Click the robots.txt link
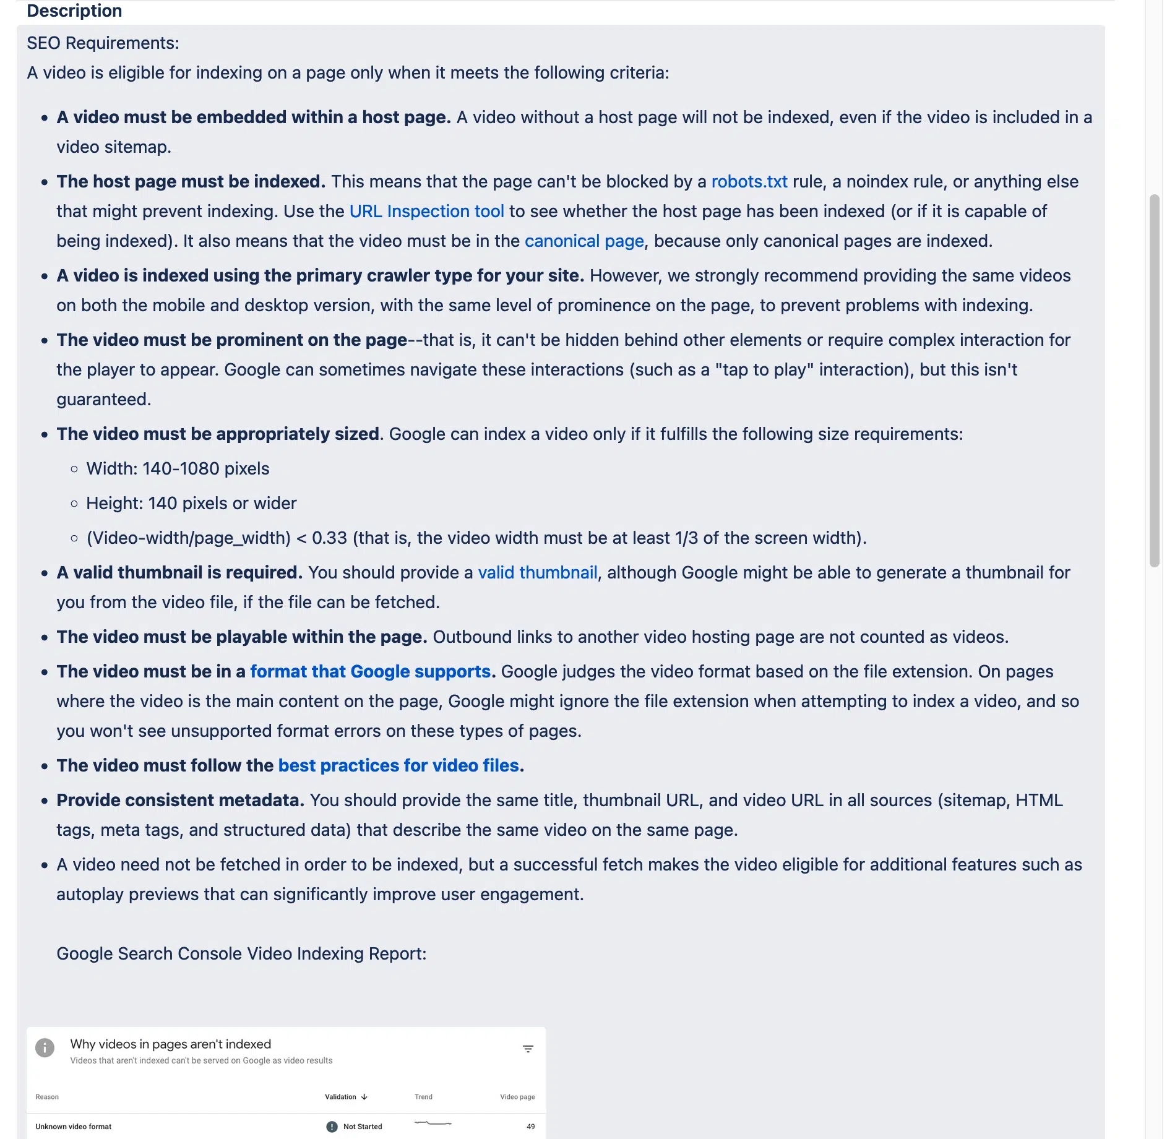coord(749,181)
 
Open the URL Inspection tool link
coord(426,211)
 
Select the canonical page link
coord(583,241)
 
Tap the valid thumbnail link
coord(537,572)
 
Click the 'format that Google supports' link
coord(370,671)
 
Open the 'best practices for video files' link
coord(398,765)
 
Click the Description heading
coord(74,11)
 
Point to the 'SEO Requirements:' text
coord(103,43)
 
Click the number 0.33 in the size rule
coord(329,538)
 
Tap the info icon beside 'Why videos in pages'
coord(45,1047)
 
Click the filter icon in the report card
coord(528,1049)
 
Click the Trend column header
coord(423,1097)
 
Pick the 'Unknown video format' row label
coord(73,1127)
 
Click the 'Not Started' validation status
coord(362,1127)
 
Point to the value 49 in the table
coord(530,1127)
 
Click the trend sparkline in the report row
coord(433,1123)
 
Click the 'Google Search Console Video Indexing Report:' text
coord(241,953)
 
